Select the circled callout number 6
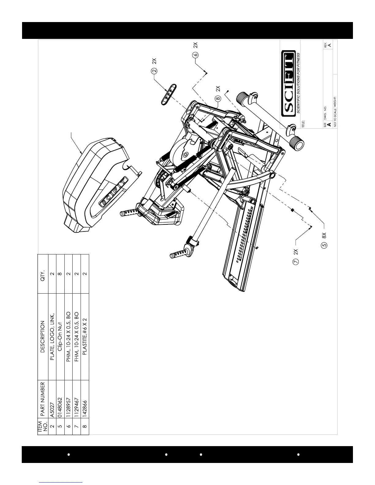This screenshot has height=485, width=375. click(x=195, y=55)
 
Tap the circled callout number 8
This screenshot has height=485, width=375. click(x=218, y=99)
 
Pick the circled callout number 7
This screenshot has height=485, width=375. click(x=296, y=262)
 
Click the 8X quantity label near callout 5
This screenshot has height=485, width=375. click(x=324, y=235)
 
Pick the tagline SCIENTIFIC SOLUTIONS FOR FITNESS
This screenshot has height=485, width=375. click(x=298, y=83)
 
